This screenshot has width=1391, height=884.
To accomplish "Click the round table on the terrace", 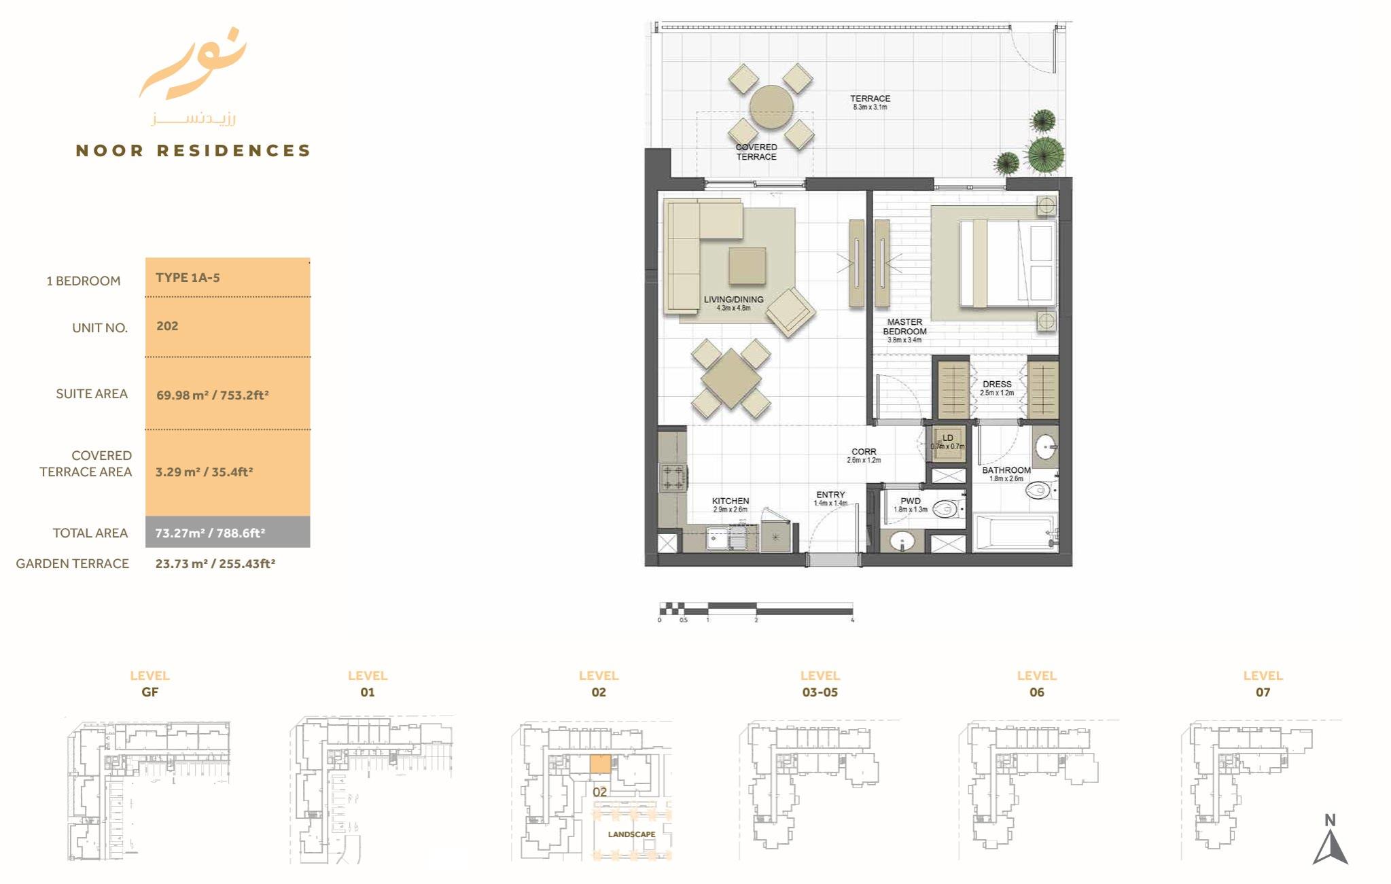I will click(x=771, y=107).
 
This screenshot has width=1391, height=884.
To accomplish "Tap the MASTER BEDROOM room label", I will click(x=904, y=327).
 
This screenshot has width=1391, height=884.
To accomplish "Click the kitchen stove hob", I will click(x=673, y=476).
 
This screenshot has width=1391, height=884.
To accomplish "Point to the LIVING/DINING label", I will click(x=733, y=300).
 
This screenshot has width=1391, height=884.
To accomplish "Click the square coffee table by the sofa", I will click(x=747, y=266).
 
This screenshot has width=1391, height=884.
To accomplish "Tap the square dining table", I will click(x=731, y=378).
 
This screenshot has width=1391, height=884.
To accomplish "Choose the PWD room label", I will click(x=911, y=501).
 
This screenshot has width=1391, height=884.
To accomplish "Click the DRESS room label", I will click(x=997, y=385).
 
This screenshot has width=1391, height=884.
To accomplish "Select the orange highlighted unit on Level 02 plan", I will click(x=600, y=764).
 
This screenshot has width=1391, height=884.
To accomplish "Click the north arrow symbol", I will click(x=1330, y=843).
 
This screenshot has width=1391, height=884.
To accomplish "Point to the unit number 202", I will click(x=167, y=326).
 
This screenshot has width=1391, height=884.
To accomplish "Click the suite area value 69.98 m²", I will click(x=212, y=395).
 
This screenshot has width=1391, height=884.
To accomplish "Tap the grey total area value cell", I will click(x=227, y=533).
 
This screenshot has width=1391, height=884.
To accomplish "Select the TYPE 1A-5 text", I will click(x=188, y=278).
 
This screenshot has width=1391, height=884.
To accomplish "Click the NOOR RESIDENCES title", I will click(x=193, y=150).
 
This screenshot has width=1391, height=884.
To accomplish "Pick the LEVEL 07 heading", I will click(x=1263, y=684).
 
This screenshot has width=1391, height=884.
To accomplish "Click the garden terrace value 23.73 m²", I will click(x=215, y=563).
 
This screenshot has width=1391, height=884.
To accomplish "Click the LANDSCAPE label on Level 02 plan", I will click(x=631, y=834).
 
